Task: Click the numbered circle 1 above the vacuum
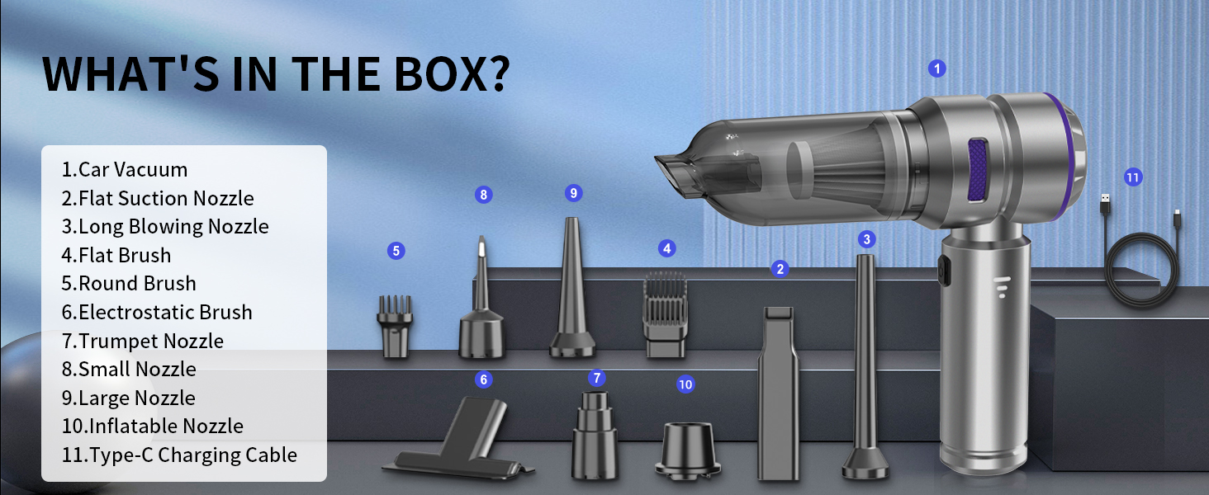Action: pos(936,68)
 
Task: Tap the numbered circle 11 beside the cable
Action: pos(1133,177)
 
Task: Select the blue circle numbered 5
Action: pos(396,251)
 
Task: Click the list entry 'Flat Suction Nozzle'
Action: pos(158,198)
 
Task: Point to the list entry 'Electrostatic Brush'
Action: pos(157,312)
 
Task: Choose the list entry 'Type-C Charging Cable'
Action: pos(179,455)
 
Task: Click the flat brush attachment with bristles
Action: pos(665,315)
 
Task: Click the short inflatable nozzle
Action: pos(687,448)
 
